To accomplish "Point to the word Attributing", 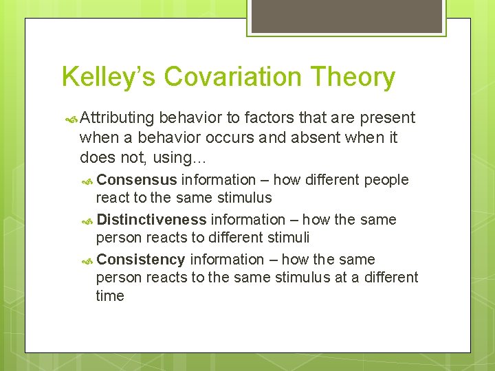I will [116, 118].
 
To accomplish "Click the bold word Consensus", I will [137, 180].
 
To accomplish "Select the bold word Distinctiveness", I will [151, 220].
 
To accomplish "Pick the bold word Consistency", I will [141, 260].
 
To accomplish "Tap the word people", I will [386, 180].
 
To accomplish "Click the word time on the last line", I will [110, 296].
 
